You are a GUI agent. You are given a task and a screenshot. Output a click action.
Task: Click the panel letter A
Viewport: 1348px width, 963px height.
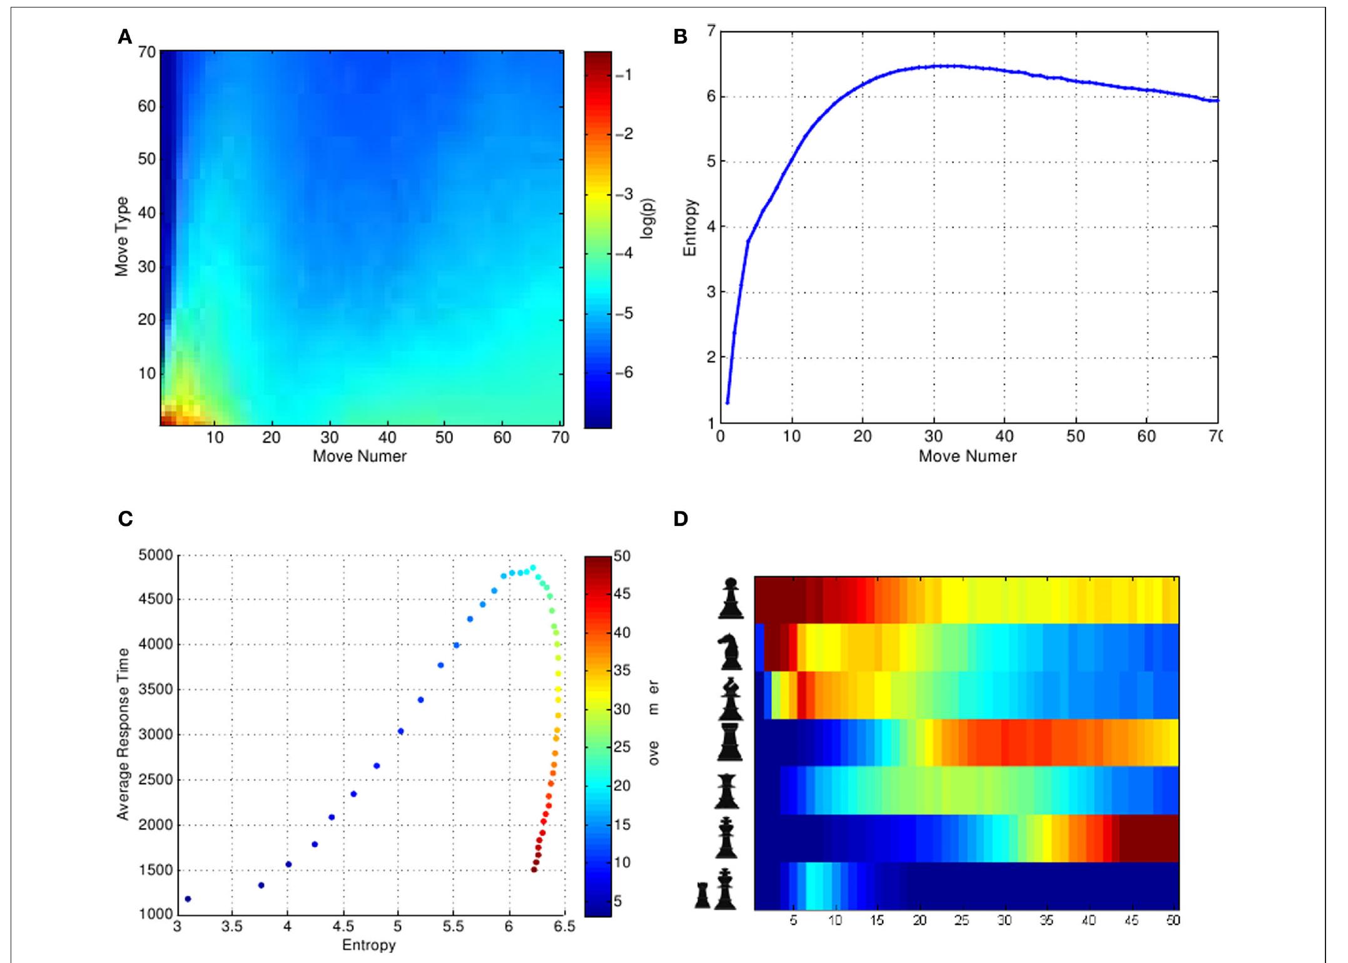pos(125,37)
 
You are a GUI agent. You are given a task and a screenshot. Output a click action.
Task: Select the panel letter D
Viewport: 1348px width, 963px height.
pos(681,519)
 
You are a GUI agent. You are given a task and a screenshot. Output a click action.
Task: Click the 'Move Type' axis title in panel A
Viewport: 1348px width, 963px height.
pos(121,236)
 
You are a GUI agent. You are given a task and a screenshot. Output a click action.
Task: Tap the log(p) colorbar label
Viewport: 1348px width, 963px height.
pos(648,219)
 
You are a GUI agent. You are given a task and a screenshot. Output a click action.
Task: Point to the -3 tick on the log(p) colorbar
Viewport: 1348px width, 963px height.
pos(624,194)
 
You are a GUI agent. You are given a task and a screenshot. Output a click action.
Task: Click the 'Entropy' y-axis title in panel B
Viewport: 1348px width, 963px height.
pos(689,228)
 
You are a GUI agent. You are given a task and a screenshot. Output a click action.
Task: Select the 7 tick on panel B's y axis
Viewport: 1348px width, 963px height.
pos(711,31)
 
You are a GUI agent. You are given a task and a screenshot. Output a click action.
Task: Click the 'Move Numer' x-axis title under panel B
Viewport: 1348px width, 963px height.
pos(967,456)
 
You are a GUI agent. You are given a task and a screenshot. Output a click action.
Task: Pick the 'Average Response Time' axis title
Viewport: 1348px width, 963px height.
pos(123,734)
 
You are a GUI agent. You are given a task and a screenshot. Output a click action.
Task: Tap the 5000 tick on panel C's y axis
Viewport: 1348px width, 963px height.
pos(155,555)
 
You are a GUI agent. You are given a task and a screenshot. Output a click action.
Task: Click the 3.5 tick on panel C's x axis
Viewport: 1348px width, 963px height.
pos(231,926)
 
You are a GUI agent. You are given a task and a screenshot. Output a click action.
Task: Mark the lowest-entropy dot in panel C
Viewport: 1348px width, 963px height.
pos(188,899)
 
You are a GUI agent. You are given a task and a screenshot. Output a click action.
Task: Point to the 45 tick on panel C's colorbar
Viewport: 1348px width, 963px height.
pos(622,594)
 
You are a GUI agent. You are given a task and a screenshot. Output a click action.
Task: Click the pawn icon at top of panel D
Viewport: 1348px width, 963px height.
pos(731,598)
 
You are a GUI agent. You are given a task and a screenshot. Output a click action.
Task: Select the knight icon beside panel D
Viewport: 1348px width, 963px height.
pos(729,652)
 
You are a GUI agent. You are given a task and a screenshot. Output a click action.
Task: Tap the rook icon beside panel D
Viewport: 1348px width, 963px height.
pos(730,742)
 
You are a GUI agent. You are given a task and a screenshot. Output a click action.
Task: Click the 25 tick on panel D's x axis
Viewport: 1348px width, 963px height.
pos(961,920)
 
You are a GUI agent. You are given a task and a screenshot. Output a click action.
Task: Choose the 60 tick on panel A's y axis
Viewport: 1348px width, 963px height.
pos(147,106)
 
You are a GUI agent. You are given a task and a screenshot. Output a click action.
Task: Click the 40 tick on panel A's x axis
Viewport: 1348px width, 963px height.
pos(387,437)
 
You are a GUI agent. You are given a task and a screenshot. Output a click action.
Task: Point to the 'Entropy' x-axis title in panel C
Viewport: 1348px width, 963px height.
pos(368,945)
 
